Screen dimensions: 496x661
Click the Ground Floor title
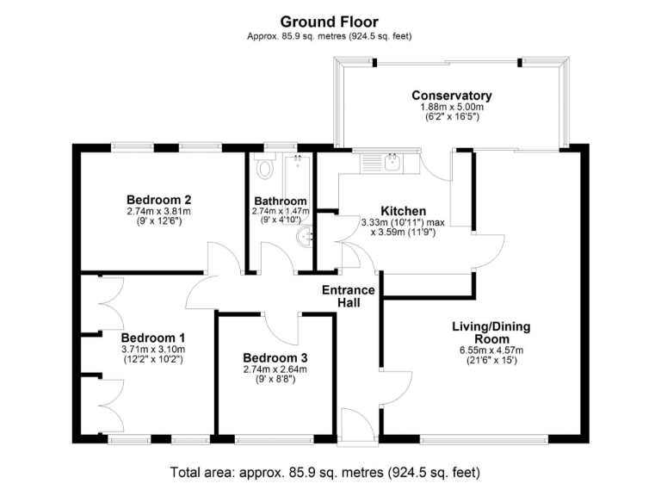tap(330, 21)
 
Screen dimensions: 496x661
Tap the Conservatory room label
tap(451, 96)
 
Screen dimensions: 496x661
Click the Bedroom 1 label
tap(152, 338)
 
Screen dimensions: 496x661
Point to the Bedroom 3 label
tap(275, 357)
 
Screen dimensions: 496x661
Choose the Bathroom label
tap(280, 201)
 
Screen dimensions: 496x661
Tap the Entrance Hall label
tap(349, 297)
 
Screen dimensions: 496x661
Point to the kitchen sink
tap(392, 161)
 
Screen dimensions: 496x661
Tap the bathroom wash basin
tap(304, 238)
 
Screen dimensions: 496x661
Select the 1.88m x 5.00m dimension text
tap(451, 107)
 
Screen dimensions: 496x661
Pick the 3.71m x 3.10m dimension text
tap(152, 350)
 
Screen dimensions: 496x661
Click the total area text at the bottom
tap(330, 473)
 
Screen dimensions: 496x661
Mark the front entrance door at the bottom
tap(357, 426)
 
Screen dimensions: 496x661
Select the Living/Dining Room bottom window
tap(485, 439)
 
